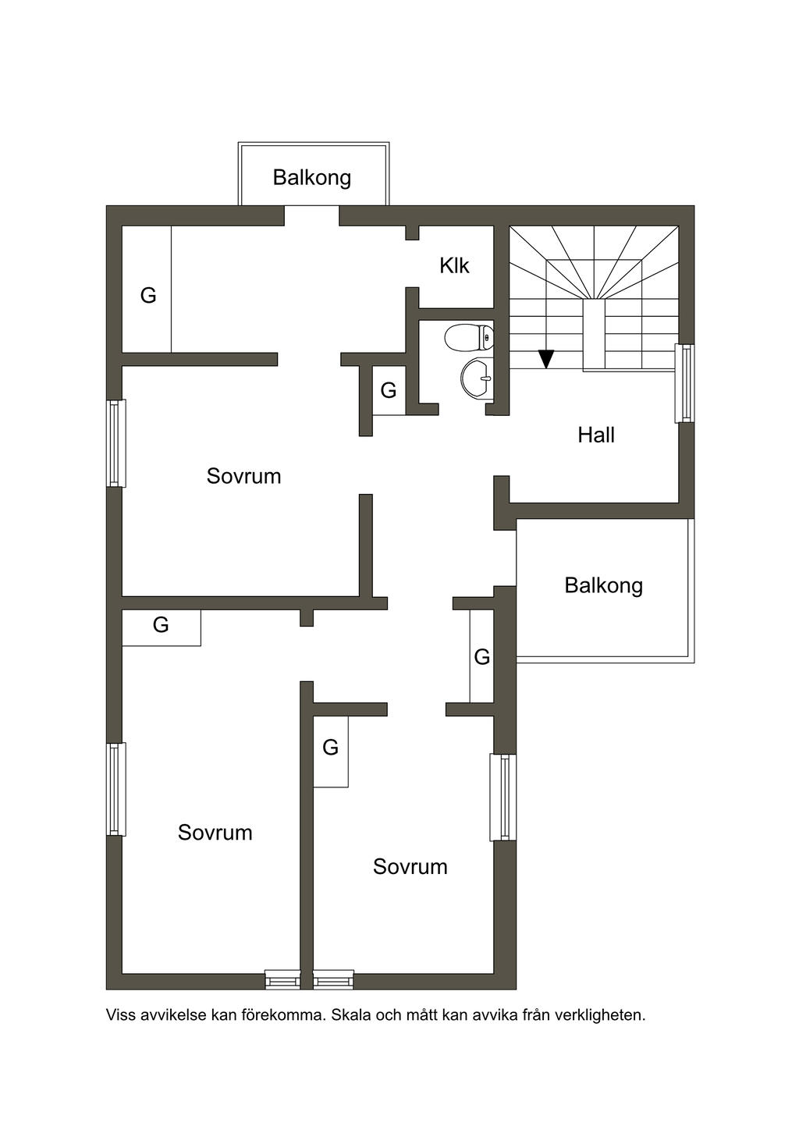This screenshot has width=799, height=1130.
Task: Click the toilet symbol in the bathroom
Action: [x=469, y=337]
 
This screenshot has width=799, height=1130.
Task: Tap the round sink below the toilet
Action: [x=478, y=377]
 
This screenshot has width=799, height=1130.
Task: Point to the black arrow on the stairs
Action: [x=546, y=359]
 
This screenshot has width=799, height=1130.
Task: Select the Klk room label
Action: [x=454, y=265]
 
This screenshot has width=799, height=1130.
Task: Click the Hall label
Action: [x=595, y=435]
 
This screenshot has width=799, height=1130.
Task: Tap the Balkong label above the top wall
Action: [x=312, y=178]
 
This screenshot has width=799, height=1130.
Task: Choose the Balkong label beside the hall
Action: [x=603, y=586]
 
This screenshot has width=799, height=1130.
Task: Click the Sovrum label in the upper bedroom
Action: [x=243, y=476]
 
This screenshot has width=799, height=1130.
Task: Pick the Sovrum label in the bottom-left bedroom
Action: [x=215, y=833]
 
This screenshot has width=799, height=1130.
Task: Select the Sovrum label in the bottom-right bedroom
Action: [x=410, y=867]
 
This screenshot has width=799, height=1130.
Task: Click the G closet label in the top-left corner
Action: [x=148, y=295]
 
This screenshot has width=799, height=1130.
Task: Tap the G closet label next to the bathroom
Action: [x=389, y=390]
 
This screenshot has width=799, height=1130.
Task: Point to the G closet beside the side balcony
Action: [x=482, y=657]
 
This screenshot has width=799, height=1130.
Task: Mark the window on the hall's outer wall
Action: [x=685, y=383]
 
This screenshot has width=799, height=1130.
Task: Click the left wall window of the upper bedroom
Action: [x=116, y=443]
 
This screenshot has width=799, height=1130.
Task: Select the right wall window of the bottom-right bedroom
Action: [x=503, y=798]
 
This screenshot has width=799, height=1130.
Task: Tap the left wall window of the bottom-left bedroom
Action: [x=116, y=790]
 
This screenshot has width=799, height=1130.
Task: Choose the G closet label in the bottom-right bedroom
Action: [x=330, y=747]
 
